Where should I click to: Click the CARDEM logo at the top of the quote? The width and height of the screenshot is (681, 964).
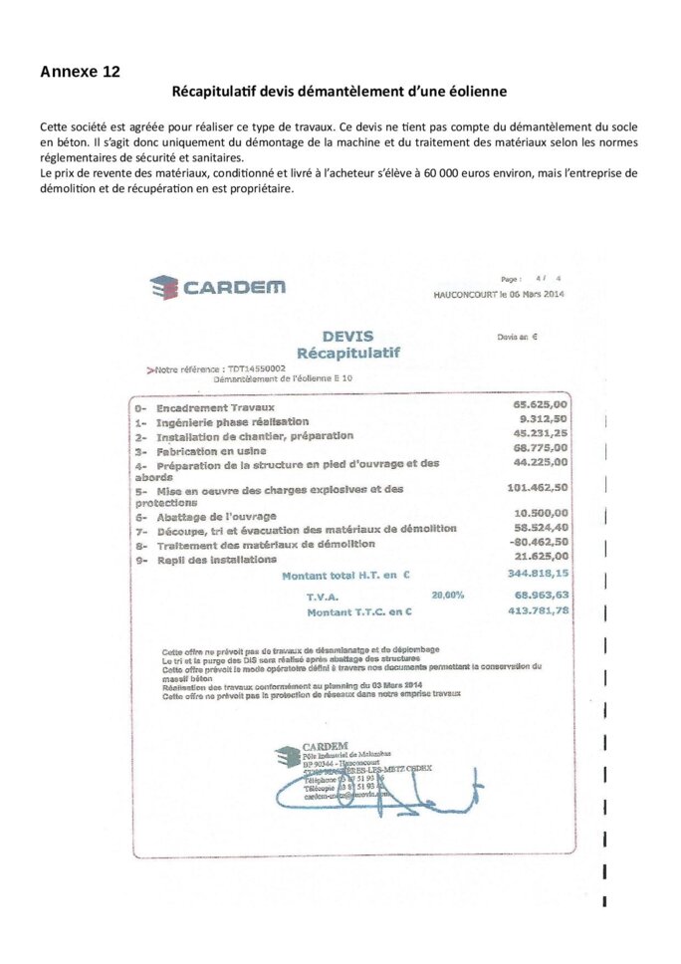point(217,287)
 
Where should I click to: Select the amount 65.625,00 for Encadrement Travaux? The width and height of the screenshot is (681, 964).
point(540,404)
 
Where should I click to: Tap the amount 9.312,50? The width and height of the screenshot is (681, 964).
point(545,419)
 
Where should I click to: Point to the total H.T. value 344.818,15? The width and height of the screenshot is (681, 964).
point(538,574)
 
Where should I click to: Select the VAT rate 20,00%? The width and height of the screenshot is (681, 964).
point(447,595)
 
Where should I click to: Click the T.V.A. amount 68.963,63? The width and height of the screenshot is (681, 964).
point(542,594)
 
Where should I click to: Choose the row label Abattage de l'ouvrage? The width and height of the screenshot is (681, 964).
point(217,516)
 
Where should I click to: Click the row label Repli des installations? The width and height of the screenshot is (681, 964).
point(216,560)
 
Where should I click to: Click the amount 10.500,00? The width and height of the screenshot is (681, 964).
point(541,512)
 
